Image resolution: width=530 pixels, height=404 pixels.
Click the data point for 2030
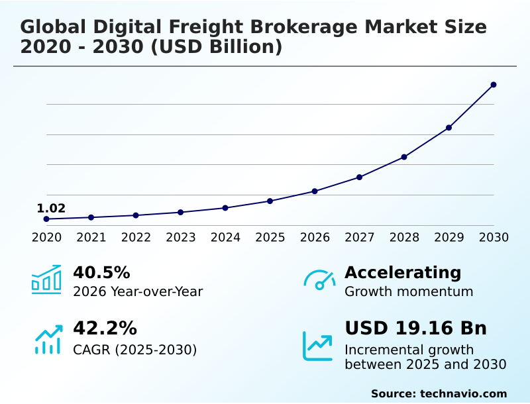(x=494, y=85)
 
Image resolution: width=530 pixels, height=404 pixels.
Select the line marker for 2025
(x=270, y=201)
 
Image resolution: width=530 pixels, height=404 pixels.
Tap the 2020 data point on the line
(x=46, y=219)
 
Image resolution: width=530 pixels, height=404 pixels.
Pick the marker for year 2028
(x=404, y=157)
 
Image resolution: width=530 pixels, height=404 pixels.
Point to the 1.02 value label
(x=51, y=209)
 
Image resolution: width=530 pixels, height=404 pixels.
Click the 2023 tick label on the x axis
(x=180, y=237)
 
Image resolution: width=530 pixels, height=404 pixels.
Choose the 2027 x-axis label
(x=360, y=237)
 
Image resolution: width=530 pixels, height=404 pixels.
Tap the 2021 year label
(x=91, y=237)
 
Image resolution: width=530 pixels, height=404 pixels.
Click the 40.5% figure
(x=101, y=272)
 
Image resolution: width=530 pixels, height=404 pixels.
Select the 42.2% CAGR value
(x=105, y=328)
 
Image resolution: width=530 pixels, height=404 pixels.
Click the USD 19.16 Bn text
(x=415, y=328)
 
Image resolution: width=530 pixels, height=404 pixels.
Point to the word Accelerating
(x=403, y=272)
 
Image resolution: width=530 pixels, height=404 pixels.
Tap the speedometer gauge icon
(x=319, y=280)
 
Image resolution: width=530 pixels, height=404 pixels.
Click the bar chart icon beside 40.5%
(x=46, y=279)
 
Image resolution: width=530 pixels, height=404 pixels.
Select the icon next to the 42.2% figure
(x=48, y=338)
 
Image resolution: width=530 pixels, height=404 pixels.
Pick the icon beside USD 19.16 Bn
(x=318, y=346)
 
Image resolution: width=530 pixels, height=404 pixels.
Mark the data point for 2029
(x=449, y=127)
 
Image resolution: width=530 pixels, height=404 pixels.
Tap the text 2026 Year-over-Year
(x=138, y=291)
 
